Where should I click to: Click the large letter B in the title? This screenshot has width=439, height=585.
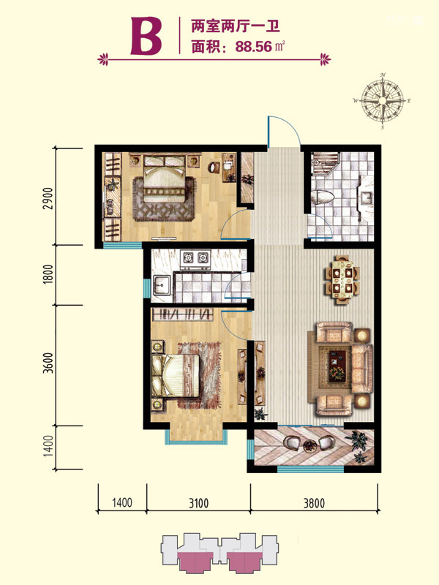pyautogui.click(x=146, y=36)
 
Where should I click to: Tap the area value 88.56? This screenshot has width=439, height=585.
pyautogui.click(x=253, y=47)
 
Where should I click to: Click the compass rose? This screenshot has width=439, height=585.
pyautogui.click(x=383, y=101)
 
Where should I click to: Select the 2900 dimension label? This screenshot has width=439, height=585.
pyautogui.click(x=48, y=197)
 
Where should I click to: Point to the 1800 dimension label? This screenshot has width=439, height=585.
pyautogui.click(x=48, y=274)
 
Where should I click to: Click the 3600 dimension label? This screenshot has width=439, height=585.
pyautogui.click(x=48, y=363)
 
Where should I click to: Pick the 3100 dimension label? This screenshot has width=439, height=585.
pyautogui.click(x=198, y=503)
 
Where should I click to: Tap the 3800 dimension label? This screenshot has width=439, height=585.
pyautogui.click(x=314, y=503)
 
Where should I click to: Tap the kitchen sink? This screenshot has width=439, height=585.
pyautogui.click(x=161, y=287)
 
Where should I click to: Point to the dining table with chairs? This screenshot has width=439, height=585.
pyautogui.click(x=342, y=279)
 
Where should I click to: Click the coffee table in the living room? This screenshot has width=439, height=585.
pyautogui.click(x=337, y=367)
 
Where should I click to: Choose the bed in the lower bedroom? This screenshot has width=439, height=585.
pyautogui.click(x=175, y=375)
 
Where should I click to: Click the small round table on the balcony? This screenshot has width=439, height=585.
pyautogui.click(x=309, y=446)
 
